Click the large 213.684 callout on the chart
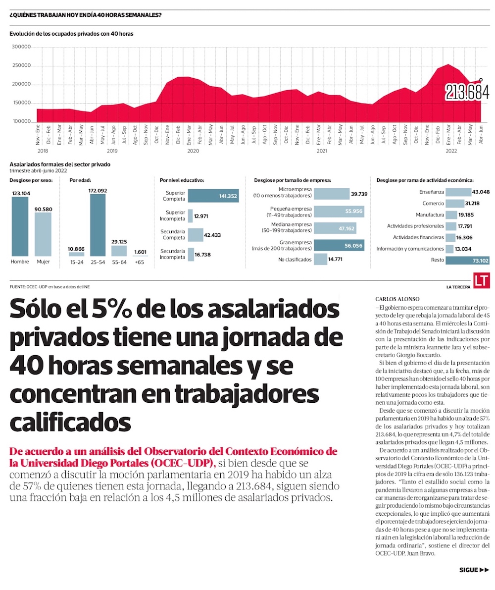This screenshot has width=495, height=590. click(x=467, y=92)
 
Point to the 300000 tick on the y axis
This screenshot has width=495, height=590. click(x=21, y=48)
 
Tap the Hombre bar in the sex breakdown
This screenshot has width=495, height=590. click(x=20, y=226)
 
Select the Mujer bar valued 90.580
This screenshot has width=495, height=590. click(x=43, y=234)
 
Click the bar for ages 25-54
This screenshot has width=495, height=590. click(x=98, y=224)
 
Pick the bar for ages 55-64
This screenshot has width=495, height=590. click(x=119, y=251)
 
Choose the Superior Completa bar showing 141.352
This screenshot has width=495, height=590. click(x=213, y=196)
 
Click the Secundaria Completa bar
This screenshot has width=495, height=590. click(x=196, y=235)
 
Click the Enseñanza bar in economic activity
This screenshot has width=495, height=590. click(x=458, y=192)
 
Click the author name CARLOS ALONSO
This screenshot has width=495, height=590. click(x=397, y=299)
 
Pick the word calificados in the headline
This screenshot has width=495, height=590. click(x=70, y=423)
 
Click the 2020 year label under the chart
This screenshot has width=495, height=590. click(x=193, y=150)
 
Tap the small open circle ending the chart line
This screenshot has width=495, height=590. click(x=481, y=79)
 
